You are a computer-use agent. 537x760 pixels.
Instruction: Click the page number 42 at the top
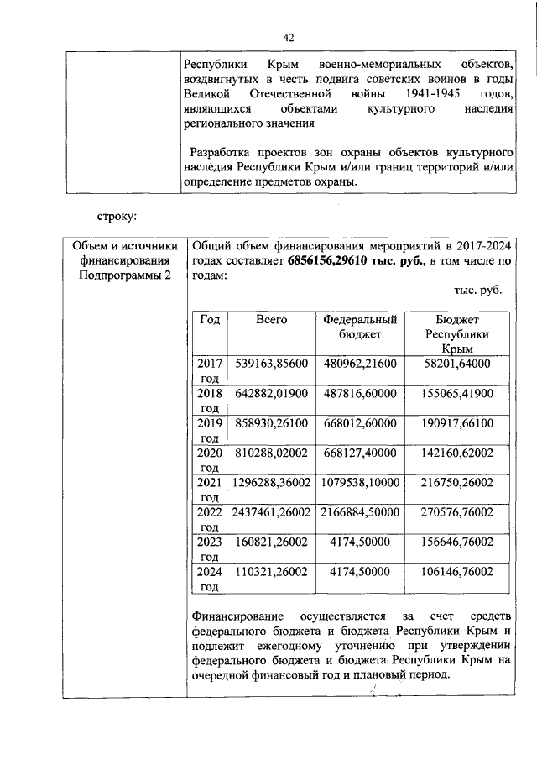(x=289, y=38)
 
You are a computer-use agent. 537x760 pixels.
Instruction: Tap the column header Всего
(x=272, y=319)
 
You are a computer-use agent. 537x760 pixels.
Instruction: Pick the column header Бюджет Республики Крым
(x=457, y=333)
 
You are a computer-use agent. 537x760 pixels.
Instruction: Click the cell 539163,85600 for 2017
(x=272, y=364)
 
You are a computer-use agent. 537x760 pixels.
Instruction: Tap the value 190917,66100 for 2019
(x=457, y=422)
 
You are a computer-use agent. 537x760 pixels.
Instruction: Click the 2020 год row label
(x=209, y=459)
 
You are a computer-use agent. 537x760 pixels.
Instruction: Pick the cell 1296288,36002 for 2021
(x=272, y=482)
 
